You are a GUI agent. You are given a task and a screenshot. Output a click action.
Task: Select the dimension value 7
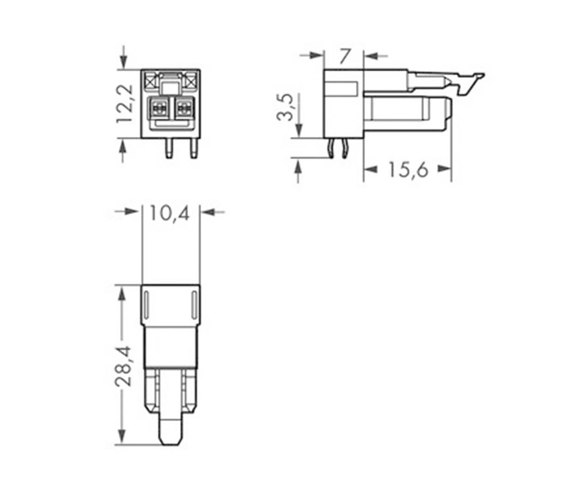click(x=344, y=56)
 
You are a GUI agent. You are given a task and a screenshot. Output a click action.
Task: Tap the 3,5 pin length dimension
click(x=285, y=107)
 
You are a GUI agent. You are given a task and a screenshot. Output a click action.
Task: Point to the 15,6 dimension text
click(x=408, y=170)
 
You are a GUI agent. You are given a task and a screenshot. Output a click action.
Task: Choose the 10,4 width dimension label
click(x=169, y=213)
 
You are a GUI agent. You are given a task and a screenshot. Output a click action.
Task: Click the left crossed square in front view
click(x=150, y=82)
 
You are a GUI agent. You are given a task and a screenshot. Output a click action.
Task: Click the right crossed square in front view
click(x=191, y=82)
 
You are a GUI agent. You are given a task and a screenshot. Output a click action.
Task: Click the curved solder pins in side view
click(x=338, y=149)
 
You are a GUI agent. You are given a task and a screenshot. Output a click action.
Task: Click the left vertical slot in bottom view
click(x=147, y=305)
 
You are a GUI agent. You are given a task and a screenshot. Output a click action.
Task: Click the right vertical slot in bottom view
click(x=194, y=305)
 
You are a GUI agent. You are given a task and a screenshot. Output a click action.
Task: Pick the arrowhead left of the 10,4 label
click(x=132, y=212)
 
